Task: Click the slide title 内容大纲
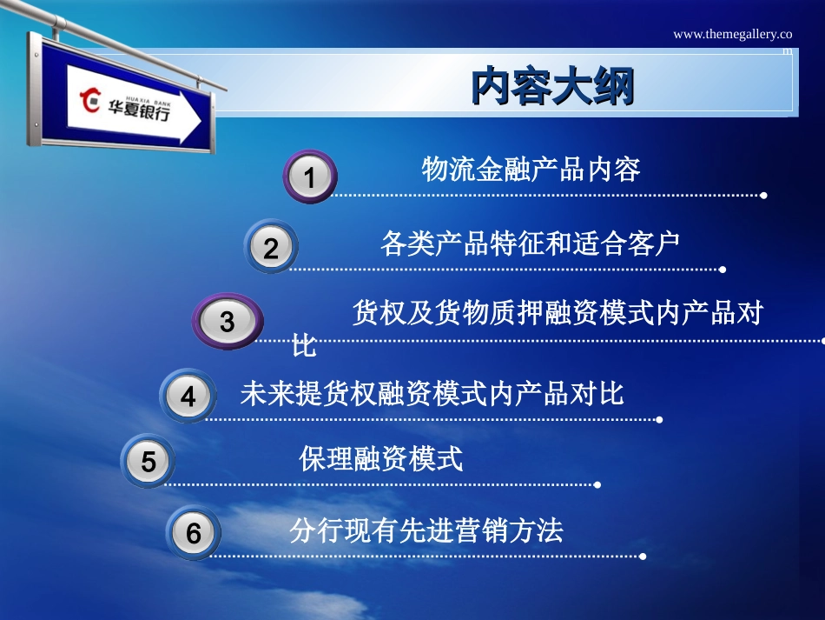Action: [552, 86]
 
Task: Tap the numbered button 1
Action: [309, 177]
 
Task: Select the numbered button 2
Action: [271, 248]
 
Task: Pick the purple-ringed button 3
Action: [228, 322]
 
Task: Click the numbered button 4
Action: [188, 397]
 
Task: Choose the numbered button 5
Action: [148, 461]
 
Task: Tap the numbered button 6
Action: [193, 532]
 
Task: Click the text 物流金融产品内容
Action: [531, 169]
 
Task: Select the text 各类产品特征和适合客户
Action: [530, 243]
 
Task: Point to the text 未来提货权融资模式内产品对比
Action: [432, 394]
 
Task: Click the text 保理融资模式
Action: [380, 458]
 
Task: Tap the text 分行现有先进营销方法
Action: [426, 530]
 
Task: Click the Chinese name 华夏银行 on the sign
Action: [139, 111]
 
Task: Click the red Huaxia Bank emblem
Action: [90, 100]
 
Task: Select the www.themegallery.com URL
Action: [733, 35]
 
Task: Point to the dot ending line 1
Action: [763, 196]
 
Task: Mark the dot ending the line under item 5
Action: [597, 484]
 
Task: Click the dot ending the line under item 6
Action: [643, 556]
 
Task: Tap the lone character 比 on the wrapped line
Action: [304, 346]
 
